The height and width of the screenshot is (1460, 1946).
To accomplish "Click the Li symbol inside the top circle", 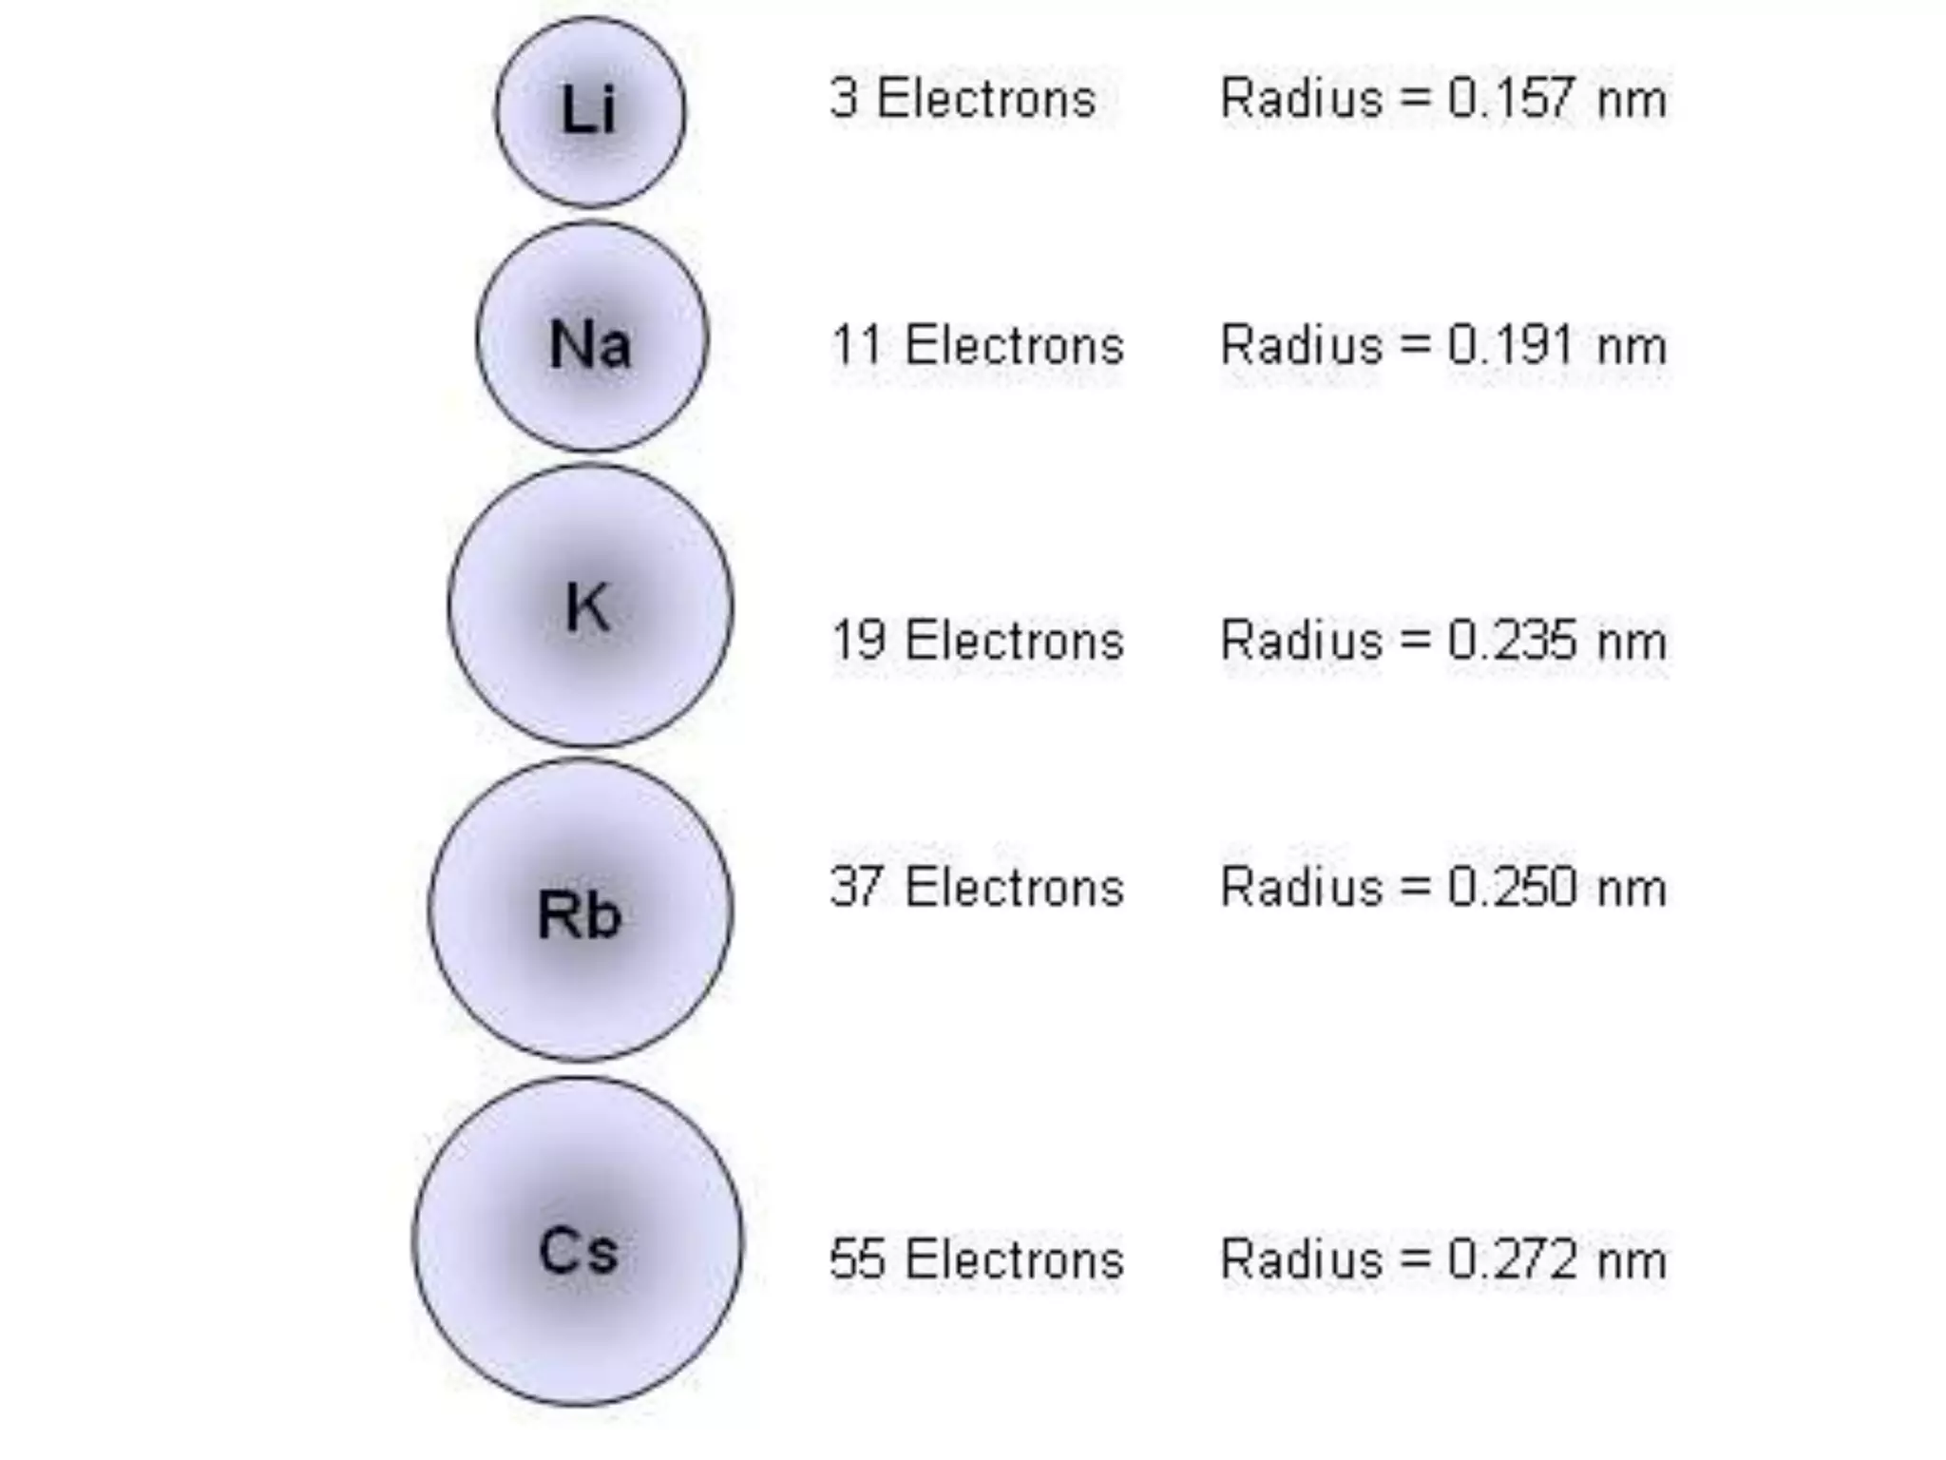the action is click(x=588, y=109).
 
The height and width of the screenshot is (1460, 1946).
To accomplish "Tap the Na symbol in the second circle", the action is click(x=589, y=343).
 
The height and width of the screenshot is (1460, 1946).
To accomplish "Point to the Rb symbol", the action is click(x=579, y=914).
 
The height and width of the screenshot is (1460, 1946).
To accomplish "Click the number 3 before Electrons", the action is click(x=844, y=98).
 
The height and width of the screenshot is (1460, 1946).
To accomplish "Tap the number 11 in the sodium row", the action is click(x=858, y=344).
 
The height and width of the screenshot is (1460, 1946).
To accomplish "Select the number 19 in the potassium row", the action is click(x=858, y=640).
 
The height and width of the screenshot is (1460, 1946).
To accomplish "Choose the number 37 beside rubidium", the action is click(x=858, y=887).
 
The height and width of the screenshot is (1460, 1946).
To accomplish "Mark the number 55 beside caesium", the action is click(x=858, y=1259).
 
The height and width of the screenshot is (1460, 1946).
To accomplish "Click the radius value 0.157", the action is click(x=1511, y=98).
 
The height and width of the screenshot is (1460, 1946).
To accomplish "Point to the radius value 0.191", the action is click(x=1511, y=344).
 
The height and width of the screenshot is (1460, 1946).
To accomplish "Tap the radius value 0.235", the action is click(x=1511, y=640).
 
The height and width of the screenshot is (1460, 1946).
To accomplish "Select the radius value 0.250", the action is click(x=1511, y=887).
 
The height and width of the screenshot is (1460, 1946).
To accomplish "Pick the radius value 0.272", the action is click(x=1511, y=1259).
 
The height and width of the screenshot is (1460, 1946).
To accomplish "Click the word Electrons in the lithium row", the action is click(x=986, y=98).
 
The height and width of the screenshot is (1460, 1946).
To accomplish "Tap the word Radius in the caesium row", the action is click(x=1301, y=1259).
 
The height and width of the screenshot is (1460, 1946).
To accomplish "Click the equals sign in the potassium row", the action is click(x=1415, y=640).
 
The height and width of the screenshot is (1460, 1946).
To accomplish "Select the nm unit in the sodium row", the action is click(x=1631, y=346).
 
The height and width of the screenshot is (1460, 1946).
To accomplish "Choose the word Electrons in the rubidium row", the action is click(x=1014, y=887).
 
